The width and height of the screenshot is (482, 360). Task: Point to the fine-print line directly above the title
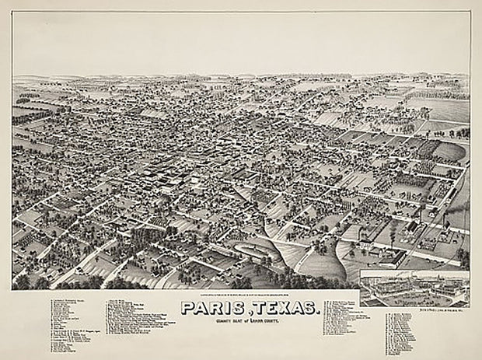click(247, 294)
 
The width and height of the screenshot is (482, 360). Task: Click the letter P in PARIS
click(188, 308)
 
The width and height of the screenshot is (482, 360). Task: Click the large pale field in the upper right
click(443, 109)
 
